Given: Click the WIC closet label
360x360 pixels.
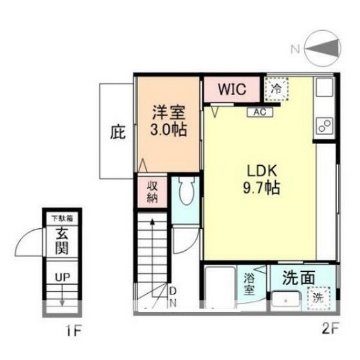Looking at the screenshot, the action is tap(232, 89).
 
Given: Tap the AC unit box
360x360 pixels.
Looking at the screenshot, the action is tap(260, 113).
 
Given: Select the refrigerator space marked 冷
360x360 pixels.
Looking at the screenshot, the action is tap(276, 89).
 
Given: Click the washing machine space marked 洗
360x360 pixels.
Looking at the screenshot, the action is tap(319, 298).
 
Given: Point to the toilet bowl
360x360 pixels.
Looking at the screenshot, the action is tap(186, 190).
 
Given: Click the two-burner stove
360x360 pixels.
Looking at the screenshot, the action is tap(325, 125).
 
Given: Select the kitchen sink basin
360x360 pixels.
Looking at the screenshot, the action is tap(325, 87).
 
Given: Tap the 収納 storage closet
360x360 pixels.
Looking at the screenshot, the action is tap(152, 192).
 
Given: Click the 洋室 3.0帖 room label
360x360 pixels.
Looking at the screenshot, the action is tap(168, 121).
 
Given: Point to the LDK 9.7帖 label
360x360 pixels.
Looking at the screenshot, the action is tap(261, 179).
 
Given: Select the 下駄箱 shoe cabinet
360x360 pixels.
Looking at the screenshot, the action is tap(62, 219).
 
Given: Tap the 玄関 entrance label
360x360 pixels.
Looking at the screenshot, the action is tap(62, 241).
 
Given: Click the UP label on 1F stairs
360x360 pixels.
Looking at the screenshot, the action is tap(62, 277).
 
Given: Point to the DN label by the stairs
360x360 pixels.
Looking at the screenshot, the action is tap(173, 297).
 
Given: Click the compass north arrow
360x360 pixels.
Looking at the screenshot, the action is tap(322, 48).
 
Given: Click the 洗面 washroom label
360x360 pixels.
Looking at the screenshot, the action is tap(298, 278).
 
